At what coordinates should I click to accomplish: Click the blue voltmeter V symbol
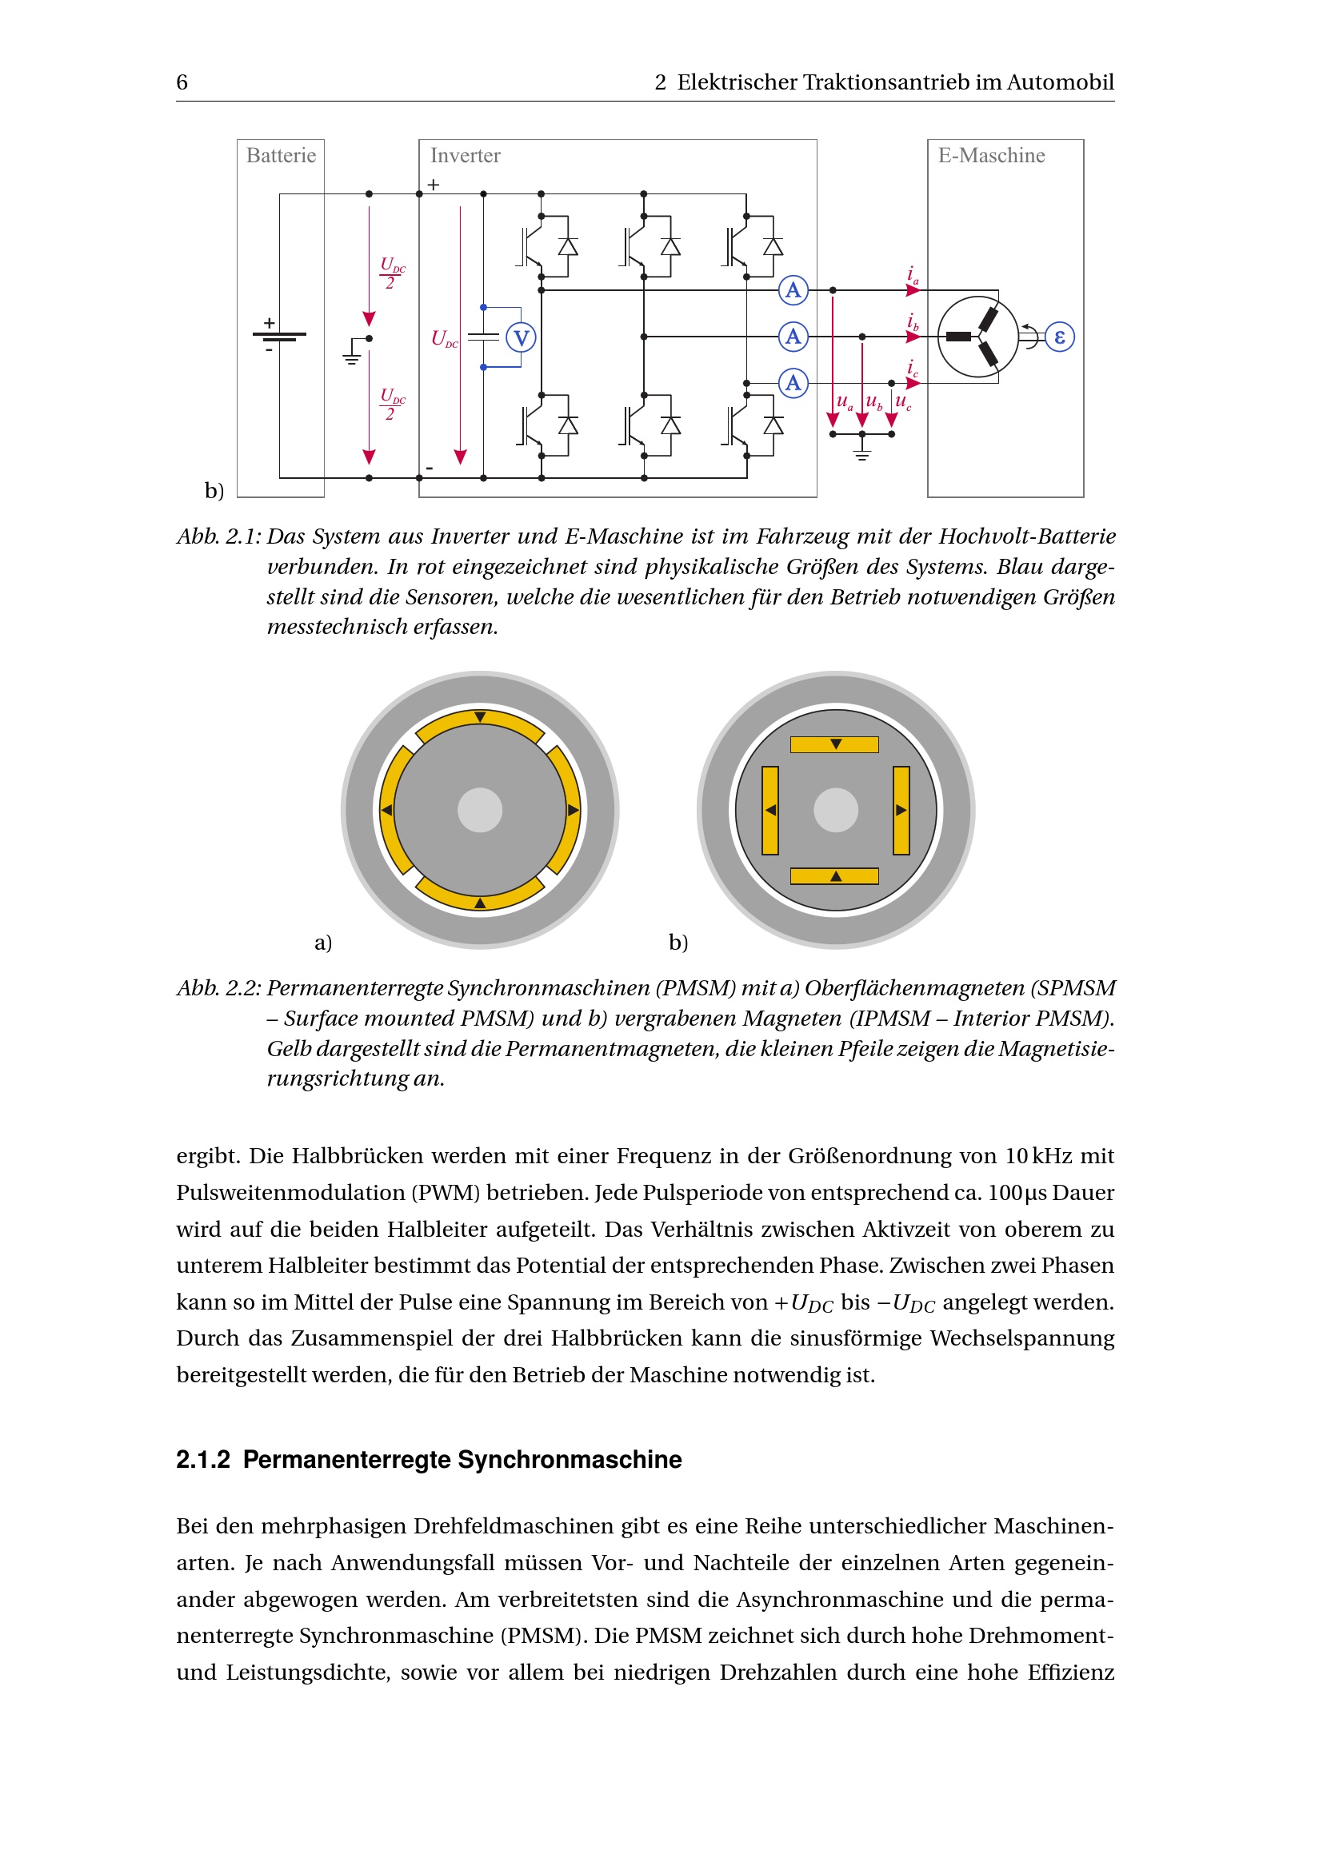(521, 337)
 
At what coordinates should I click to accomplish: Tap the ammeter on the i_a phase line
(793, 290)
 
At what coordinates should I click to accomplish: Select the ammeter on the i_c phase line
(793, 383)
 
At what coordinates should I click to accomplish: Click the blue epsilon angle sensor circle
(1059, 337)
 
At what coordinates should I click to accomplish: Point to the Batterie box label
(281, 156)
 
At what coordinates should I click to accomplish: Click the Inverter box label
(466, 156)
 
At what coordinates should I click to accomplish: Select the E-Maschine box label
(990, 156)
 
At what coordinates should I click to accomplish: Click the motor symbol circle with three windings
(977, 337)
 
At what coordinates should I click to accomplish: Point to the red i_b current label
(913, 322)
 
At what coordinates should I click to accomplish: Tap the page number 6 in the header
(182, 82)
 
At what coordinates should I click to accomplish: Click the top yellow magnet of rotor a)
(480, 724)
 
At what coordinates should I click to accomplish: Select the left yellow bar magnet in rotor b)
(769, 811)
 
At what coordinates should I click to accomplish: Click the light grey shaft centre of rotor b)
(836, 811)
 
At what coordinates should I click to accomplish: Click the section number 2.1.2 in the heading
(203, 1460)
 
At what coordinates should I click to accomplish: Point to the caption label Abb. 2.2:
(218, 988)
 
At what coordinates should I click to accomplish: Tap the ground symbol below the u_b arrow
(862, 450)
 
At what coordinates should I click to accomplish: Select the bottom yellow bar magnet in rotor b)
(835, 875)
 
